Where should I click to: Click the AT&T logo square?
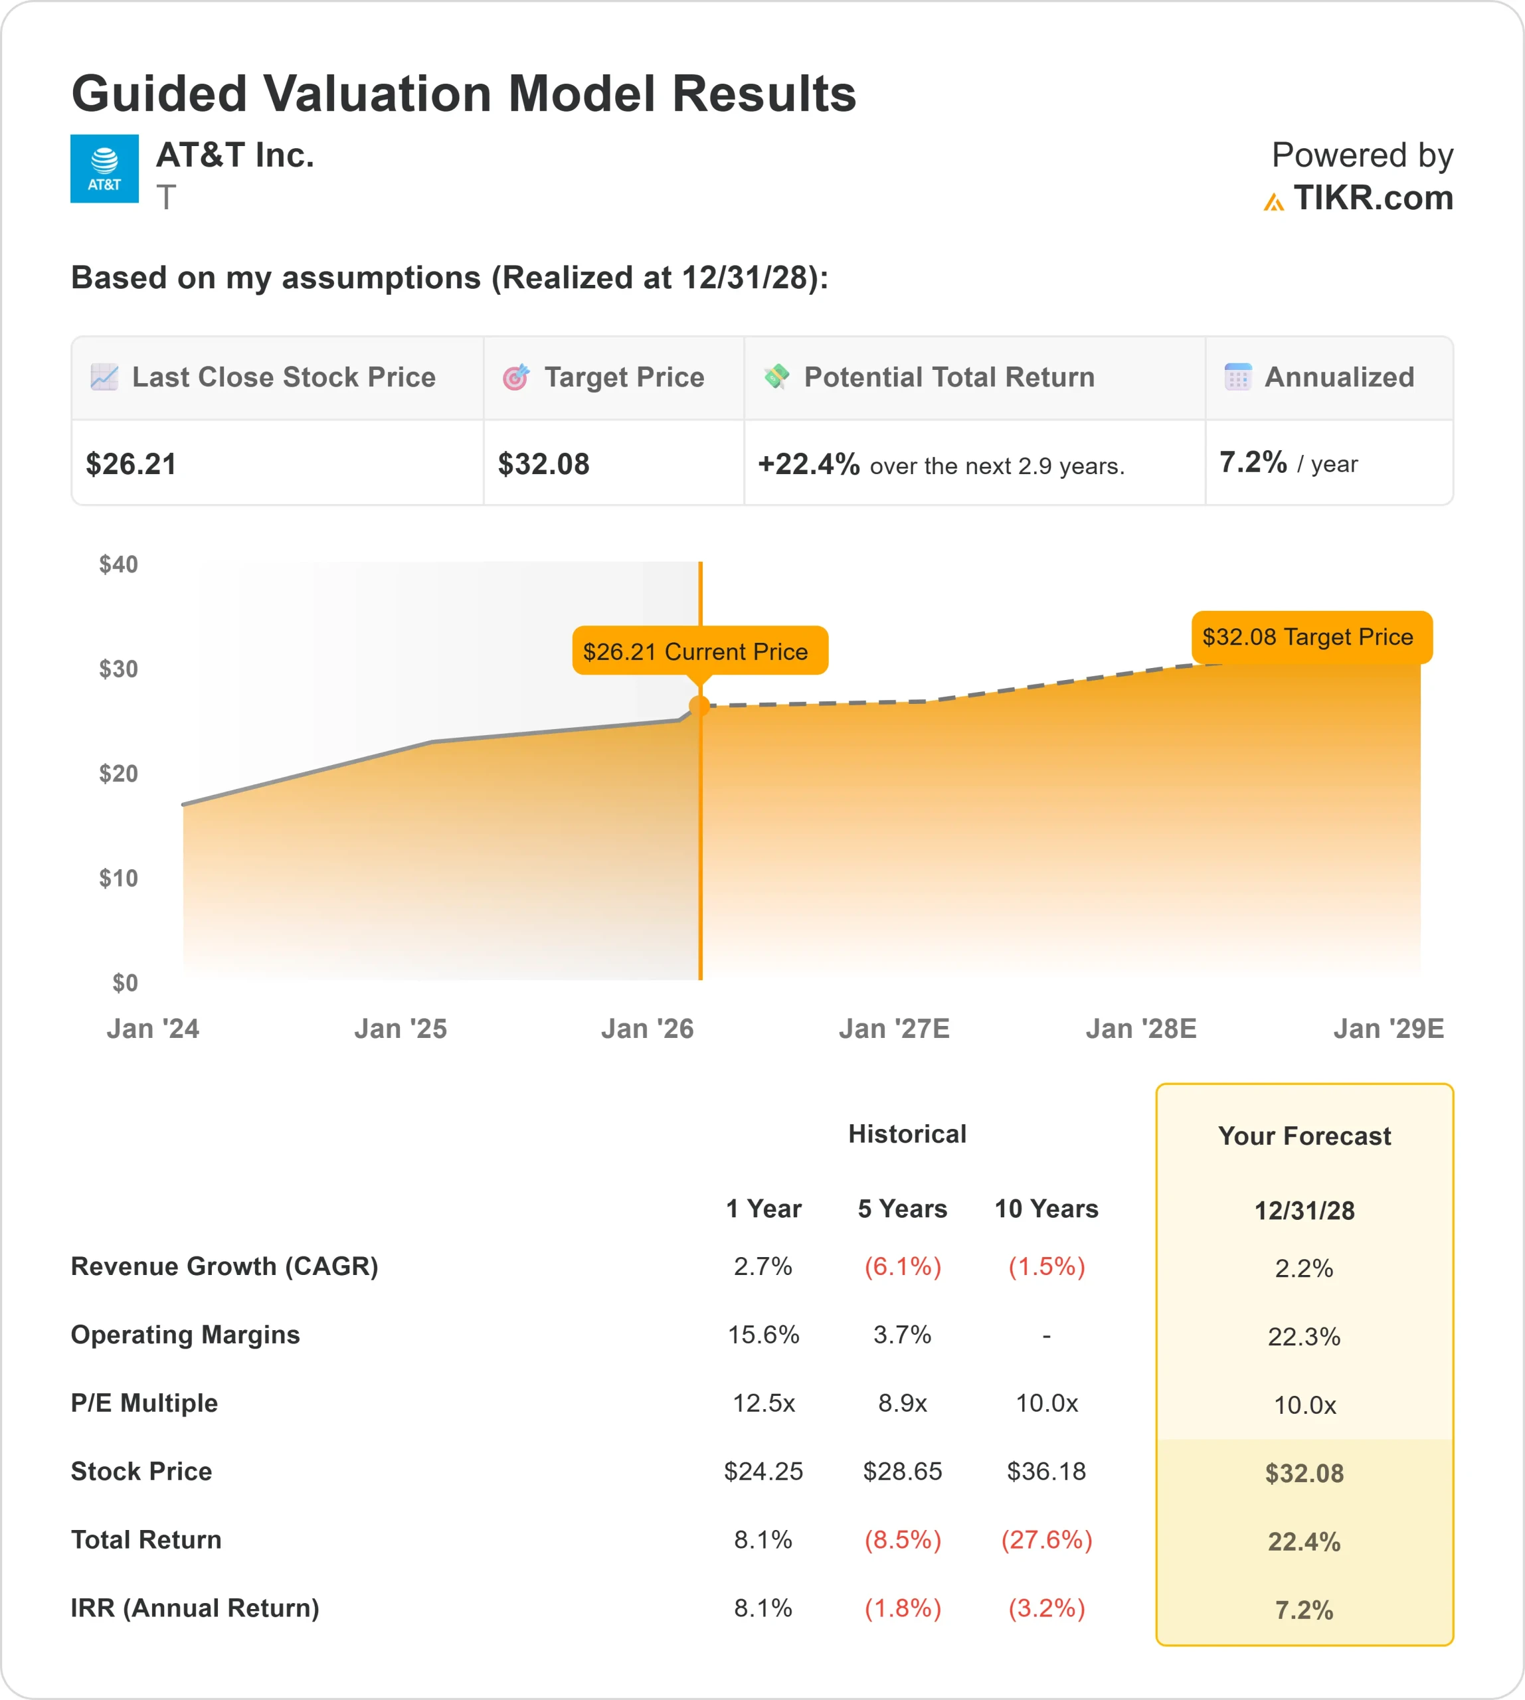pos(104,169)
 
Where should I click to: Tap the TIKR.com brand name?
pos(1372,199)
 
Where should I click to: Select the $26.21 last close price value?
pos(132,464)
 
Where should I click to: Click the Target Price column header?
pos(624,377)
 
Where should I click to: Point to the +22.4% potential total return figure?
pos(808,464)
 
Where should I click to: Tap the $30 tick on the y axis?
pos(118,669)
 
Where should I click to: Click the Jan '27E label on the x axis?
pos(893,1028)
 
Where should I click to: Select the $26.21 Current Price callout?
pos(699,651)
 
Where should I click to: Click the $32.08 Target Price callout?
pos(1310,637)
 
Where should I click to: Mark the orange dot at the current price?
pos(699,707)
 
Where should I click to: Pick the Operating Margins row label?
pos(185,1334)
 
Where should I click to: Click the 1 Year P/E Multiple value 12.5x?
pos(763,1402)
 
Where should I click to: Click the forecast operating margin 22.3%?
pos(1303,1336)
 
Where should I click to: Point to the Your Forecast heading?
pos(1303,1136)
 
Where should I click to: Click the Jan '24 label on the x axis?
pos(153,1028)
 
